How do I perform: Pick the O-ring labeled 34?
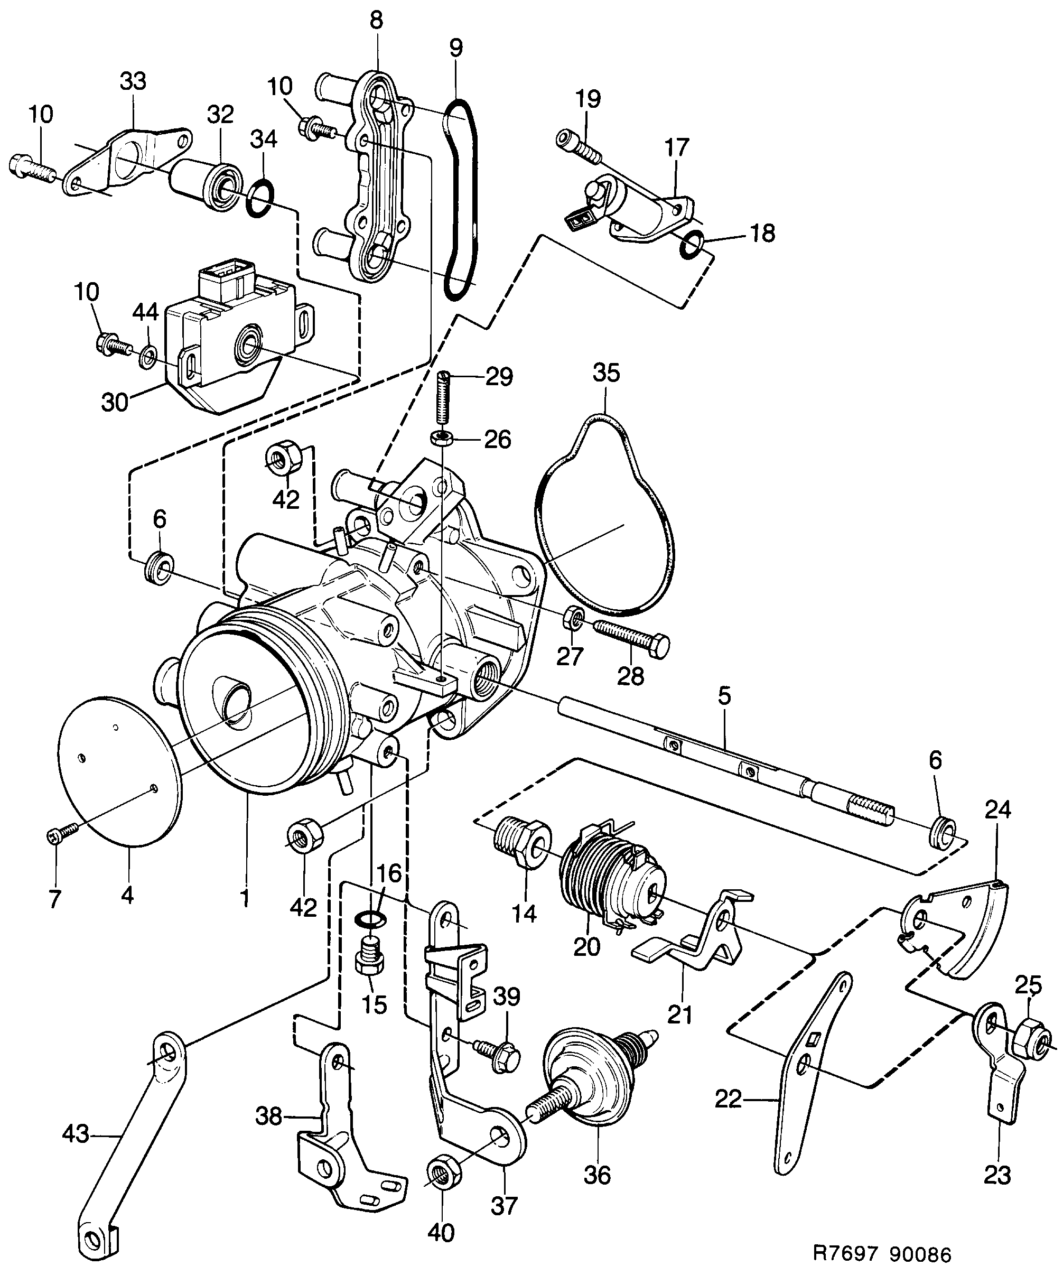(x=261, y=198)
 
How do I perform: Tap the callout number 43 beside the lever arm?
(x=76, y=1134)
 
